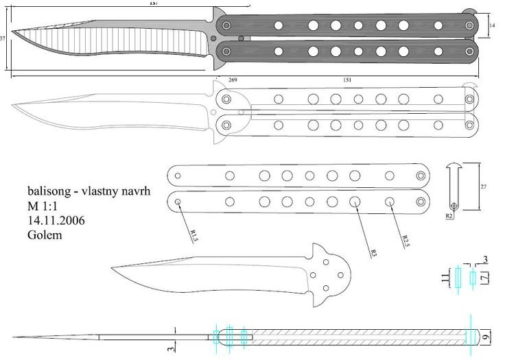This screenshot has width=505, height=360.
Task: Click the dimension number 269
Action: [x=233, y=80]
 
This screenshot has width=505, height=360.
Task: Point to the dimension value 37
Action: [x=3, y=38]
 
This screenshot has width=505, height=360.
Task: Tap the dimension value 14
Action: [x=492, y=25]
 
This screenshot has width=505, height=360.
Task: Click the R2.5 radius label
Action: [x=406, y=241]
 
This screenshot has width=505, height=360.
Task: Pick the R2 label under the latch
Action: [x=449, y=216]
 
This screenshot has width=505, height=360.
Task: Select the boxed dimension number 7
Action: [x=485, y=278]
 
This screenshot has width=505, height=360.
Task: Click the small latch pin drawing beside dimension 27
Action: [x=454, y=185]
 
